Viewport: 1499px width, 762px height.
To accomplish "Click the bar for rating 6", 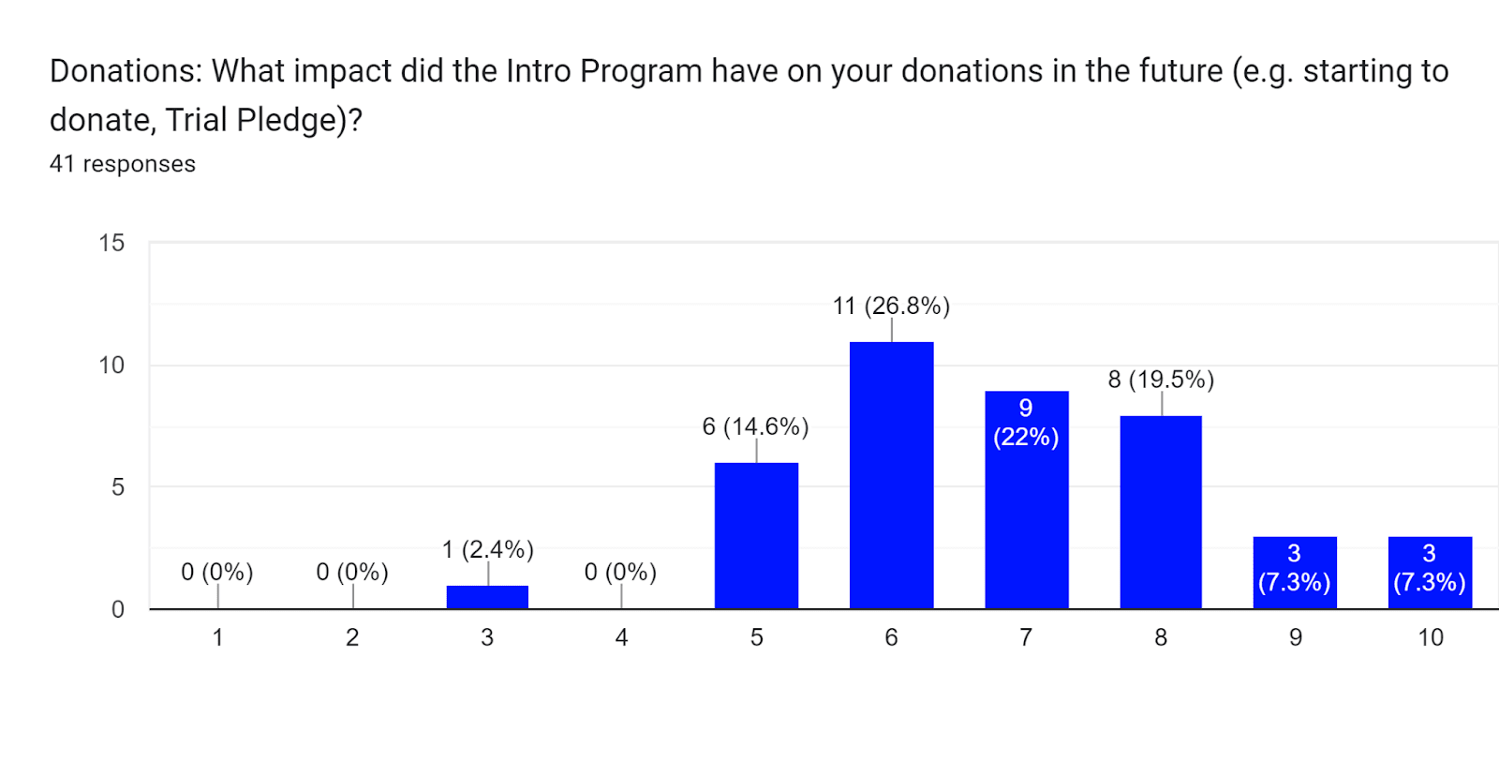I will pyautogui.click(x=891, y=475).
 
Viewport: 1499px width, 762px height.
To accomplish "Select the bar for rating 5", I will pyautogui.click(x=756, y=535).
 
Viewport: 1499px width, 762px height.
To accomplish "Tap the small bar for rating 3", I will pyautogui.click(x=487, y=597).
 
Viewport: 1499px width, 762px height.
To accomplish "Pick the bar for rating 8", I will pyautogui.click(x=1161, y=512).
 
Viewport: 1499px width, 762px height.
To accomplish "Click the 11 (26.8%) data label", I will pyautogui.click(x=891, y=306).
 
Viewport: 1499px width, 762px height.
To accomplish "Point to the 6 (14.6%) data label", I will pyautogui.click(x=755, y=426).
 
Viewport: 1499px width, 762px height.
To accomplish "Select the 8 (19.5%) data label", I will pyautogui.click(x=1161, y=380).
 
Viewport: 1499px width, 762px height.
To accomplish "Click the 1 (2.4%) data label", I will pyautogui.click(x=487, y=549).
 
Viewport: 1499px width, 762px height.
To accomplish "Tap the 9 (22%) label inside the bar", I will pyautogui.click(x=1026, y=423).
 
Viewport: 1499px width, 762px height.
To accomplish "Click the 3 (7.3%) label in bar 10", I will pyautogui.click(x=1429, y=568).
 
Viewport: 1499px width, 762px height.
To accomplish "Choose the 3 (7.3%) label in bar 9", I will pyautogui.click(x=1294, y=568).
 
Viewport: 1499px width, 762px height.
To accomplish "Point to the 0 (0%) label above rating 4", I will pyautogui.click(x=620, y=572).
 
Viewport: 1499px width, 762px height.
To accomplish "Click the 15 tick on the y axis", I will pyautogui.click(x=111, y=244).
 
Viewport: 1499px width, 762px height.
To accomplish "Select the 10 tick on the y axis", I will pyautogui.click(x=111, y=366).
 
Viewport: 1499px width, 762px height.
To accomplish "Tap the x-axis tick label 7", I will pyautogui.click(x=1026, y=637).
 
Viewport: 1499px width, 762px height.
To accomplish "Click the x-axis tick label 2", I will pyautogui.click(x=352, y=637).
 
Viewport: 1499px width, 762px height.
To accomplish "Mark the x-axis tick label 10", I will pyautogui.click(x=1430, y=637).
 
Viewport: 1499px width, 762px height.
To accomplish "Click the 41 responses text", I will pyautogui.click(x=123, y=164).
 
